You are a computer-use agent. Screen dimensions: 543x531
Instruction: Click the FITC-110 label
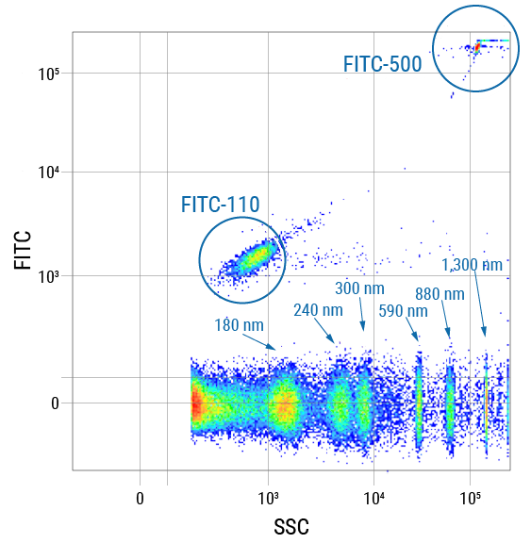(x=221, y=204)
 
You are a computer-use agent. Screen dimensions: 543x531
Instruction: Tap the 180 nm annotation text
(x=240, y=325)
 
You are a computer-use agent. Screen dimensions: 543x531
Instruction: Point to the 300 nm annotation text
(x=359, y=288)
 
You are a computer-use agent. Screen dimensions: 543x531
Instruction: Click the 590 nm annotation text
(x=403, y=310)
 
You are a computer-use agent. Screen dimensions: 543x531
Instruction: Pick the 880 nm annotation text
(x=440, y=293)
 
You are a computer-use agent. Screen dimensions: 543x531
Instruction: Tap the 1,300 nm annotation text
(x=473, y=265)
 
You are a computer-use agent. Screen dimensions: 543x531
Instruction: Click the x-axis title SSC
(x=291, y=526)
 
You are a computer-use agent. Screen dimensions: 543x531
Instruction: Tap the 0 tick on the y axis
(x=54, y=403)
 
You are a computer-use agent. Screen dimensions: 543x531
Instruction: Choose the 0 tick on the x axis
(x=140, y=496)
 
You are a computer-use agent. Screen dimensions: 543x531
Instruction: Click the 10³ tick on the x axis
(x=268, y=496)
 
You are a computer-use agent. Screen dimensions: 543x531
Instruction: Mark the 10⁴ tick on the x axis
(x=373, y=496)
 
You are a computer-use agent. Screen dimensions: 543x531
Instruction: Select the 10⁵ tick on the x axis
(x=471, y=496)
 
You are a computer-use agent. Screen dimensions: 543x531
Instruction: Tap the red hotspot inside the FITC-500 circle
(x=478, y=44)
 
